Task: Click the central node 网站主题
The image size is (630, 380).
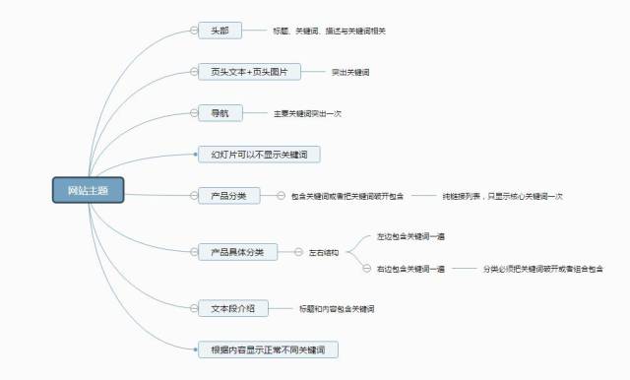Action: pyautogui.click(x=88, y=190)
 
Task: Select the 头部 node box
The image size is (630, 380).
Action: pyautogui.click(x=219, y=31)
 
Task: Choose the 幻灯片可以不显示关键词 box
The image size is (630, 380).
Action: pyautogui.click(x=258, y=155)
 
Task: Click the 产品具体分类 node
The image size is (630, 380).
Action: pyautogui.click(x=237, y=252)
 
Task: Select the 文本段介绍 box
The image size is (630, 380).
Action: pyautogui.click(x=232, y=308)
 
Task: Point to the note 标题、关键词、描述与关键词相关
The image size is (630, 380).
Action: pyautogui.click(x=329, y=32)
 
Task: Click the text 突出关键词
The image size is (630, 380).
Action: pyautogui.click(x=350, y=73)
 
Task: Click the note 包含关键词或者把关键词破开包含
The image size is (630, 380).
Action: pyautogui.click(x=347, y=197)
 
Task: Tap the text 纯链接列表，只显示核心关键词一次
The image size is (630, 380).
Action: pyautogui.click(x=502, y=197)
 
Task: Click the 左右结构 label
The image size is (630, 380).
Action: pyautogui.click(x=324, y=253)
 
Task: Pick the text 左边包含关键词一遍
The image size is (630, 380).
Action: pyautogui.click(x=410, y=237)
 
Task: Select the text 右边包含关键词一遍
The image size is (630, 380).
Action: pyautogui.click(x=410, y=269)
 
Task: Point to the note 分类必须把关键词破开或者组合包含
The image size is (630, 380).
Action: pyautogui.click(x=542, y=269)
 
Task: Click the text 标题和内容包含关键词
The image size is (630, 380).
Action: pyautogui.click(x=336, y=309)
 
